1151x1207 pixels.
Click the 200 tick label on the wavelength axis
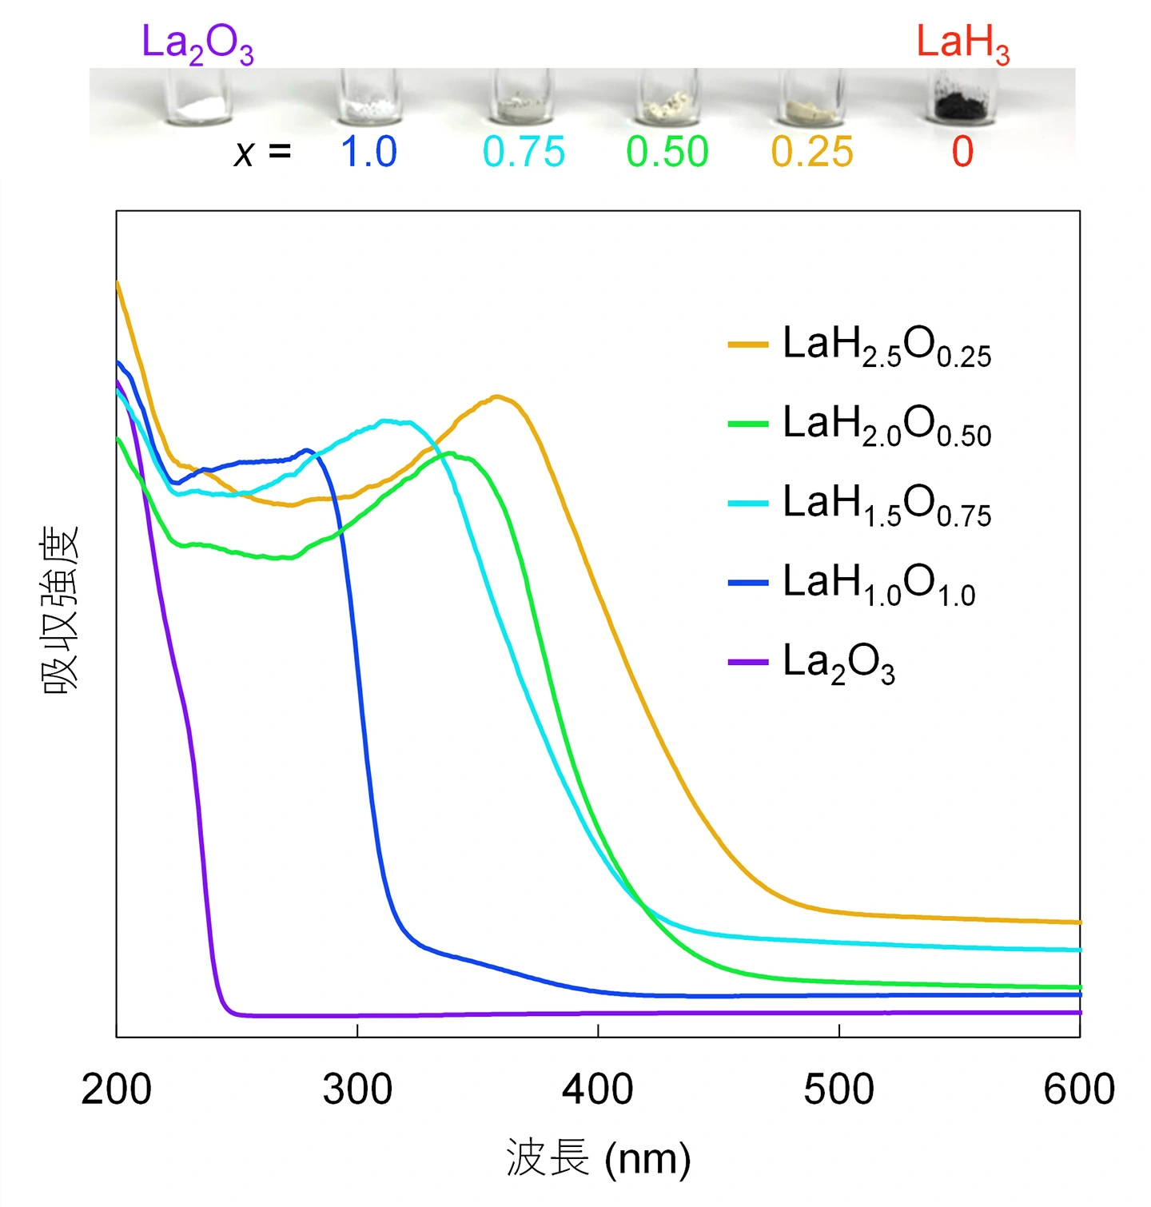tap(117, 1089)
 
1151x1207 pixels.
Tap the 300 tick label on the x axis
tap(357, 1089)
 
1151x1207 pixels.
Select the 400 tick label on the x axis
tap(598, 1089)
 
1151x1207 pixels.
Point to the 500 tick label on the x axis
tap(838, 1089)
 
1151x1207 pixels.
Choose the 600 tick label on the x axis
tap(1079, 1089)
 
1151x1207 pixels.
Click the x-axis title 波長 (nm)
tap(598, 1159)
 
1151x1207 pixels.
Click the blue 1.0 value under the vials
tap(368, 152)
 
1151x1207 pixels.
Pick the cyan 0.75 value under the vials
tap(524, 152)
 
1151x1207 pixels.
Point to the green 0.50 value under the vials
tap(667, 152)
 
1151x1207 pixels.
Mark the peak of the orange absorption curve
tap(497, 396)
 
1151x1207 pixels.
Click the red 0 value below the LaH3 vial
tap(962, 152)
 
